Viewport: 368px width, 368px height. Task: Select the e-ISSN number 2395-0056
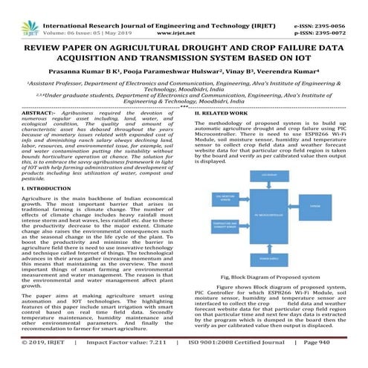341,6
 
